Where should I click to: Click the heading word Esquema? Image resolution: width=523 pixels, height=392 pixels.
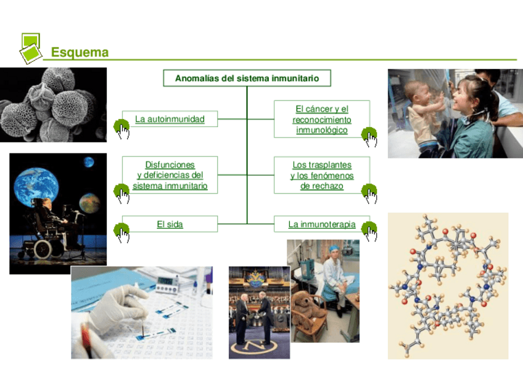pos(80,52)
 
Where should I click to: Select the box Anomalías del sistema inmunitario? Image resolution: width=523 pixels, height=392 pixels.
pos(247,78)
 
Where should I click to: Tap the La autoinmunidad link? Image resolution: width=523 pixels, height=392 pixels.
pos(170,119)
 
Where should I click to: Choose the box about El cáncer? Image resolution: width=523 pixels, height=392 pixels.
pos(321,120)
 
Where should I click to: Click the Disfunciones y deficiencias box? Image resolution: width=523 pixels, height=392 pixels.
pos(170,175)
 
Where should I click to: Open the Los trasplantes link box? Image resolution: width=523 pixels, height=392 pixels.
pos(321,175)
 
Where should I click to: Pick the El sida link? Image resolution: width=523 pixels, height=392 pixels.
pos(170,224)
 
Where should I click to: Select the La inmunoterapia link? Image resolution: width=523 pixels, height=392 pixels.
pos(321,224)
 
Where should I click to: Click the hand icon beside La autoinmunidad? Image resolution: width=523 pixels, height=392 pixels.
pos(122,128)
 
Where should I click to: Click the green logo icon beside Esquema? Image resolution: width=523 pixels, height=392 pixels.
pos(30,48)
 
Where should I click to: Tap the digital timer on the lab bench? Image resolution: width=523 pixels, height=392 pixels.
pos(167,284)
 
